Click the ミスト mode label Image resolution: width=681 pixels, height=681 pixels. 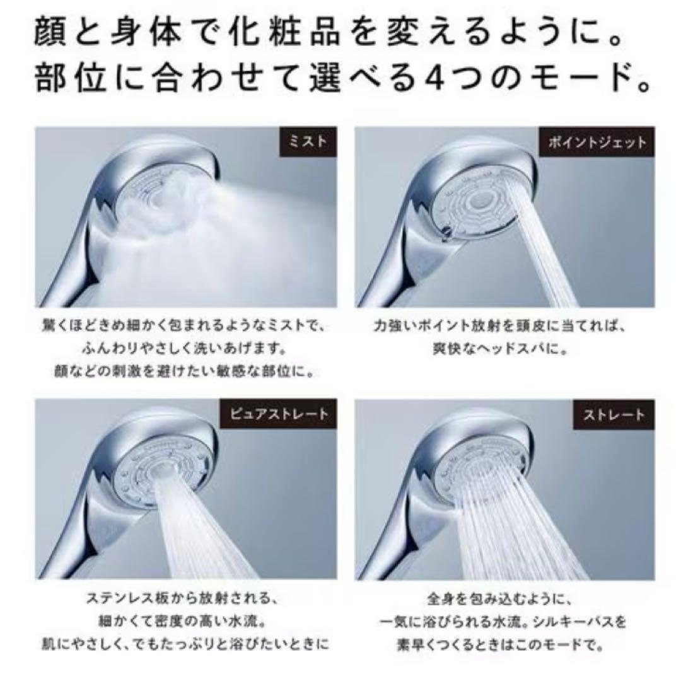[307, 142]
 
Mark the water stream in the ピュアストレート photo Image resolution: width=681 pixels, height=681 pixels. [202, 536]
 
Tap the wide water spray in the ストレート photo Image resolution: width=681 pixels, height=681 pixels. [523, 536]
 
